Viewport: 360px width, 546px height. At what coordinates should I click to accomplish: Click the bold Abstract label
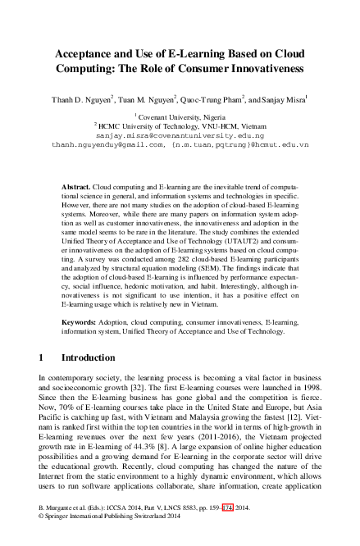77,188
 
